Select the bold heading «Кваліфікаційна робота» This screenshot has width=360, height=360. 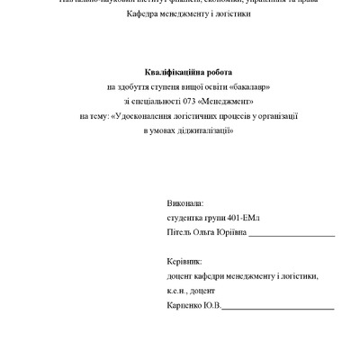[x=187, y=71]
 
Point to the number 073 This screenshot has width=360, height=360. [x=192, y=101]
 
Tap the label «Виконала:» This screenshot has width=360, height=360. [x=185, y=204]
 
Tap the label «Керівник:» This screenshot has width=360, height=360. [x=185, y=263]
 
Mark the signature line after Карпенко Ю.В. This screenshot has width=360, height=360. [x=278, y=309]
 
